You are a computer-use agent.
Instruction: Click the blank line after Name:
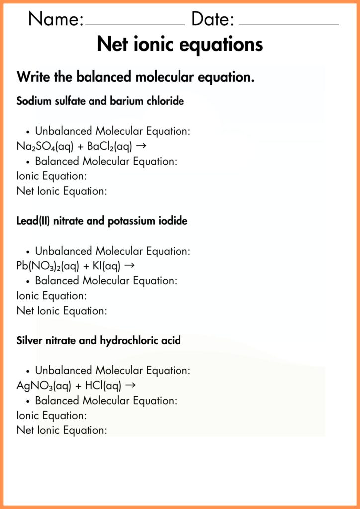click(x=135, y=23)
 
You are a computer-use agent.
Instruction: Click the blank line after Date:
click(x=288, y=23)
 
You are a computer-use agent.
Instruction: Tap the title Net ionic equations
click(x=180, y=44)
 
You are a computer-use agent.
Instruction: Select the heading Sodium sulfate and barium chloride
click(x=100, y=101)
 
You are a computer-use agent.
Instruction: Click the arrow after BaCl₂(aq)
click(x=140, y=146)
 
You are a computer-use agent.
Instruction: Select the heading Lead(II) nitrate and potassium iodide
click(x=102, y=221)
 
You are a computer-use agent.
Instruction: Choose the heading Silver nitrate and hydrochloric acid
click(x=98, y=341)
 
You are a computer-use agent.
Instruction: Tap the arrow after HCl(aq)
click(x=131, y=385)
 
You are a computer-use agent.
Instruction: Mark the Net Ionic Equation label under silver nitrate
click(x=62, y=430)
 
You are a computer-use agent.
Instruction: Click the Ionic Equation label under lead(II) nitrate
click(x=52, y=296)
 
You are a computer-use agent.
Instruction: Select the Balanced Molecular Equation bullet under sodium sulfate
click(x=105, y=162)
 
